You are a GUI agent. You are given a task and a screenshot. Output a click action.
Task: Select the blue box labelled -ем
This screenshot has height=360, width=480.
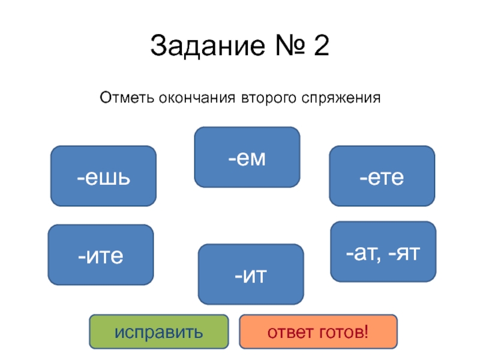click(247, 157)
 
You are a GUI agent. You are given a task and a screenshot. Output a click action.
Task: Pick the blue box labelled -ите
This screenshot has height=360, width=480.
click(101, 255)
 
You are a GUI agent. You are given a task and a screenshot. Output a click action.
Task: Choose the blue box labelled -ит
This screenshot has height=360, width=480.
click(251, 274)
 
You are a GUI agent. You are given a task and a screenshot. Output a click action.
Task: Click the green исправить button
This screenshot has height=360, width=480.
click(159, 332)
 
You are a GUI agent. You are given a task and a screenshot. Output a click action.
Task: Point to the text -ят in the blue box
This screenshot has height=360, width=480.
click(405, 252)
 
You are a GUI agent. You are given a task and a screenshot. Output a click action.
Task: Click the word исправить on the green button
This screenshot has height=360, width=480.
click(159, 332)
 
